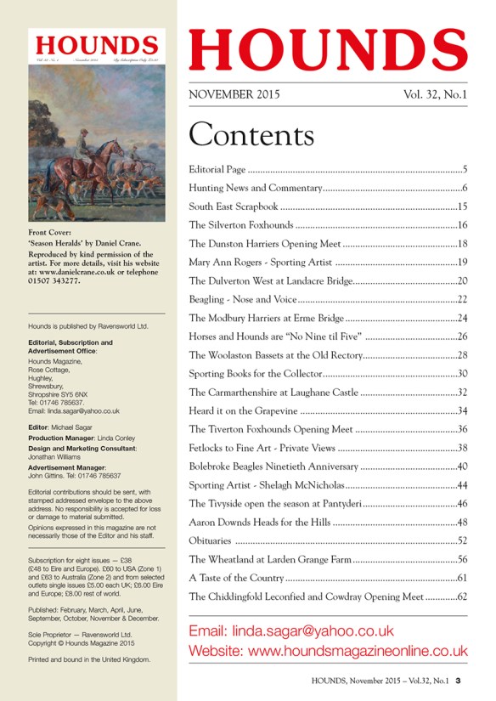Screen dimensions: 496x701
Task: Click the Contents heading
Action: (251, 134)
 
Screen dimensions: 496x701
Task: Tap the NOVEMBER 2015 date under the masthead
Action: (234, 95)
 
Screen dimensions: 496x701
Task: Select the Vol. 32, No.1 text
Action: (435, 95)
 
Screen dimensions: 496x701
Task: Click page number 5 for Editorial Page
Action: (465, 169)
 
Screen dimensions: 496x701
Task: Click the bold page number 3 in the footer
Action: (457, 680)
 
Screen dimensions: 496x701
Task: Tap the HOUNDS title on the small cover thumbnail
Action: (96, 45)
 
